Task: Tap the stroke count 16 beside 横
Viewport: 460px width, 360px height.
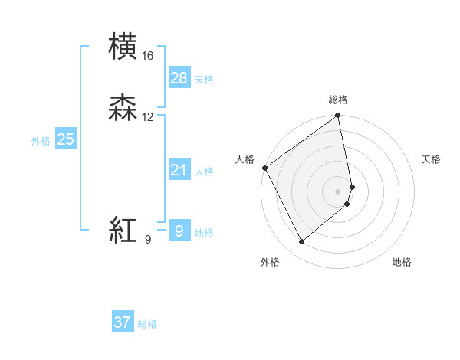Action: point(148,56)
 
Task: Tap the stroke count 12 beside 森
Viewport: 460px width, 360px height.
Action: point(148,117)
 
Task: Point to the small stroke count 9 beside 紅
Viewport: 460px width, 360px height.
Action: point(148,240)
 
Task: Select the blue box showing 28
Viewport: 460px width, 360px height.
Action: point(179,78)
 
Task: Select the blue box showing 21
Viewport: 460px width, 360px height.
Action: point(179,170)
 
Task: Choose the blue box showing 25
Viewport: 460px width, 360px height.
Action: point(65,139)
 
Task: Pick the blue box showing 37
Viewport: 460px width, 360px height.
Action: point(122,322)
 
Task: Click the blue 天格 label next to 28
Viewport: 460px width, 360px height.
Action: point(204,80)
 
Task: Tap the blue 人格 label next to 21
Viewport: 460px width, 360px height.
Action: point(204,172)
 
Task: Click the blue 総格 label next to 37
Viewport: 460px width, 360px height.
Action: point(147,324)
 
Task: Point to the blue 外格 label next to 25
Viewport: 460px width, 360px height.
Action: point(40,141)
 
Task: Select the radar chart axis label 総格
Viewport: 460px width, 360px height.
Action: point(338,100)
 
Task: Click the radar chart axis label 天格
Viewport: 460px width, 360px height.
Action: point(432,159)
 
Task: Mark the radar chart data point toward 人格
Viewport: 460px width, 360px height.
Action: point(264,168)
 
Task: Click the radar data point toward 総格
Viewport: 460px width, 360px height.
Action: point(338,116)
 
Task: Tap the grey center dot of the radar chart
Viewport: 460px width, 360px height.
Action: point(338,191)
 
